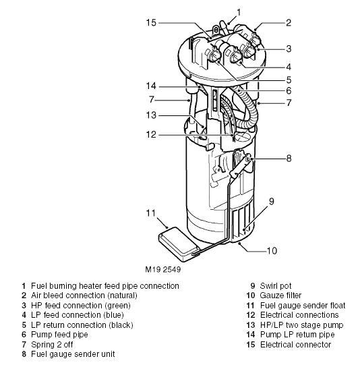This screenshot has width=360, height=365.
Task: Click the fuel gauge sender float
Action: (x=179, y=244)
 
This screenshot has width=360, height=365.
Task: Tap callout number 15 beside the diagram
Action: (x=151, y=23)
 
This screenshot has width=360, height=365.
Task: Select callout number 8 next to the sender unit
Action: (x=289, y=159)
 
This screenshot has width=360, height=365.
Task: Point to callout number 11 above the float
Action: (x=151, y=213)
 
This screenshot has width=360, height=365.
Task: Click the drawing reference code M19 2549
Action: (x=162, y=269)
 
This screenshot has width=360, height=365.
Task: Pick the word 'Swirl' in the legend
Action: (x=268, y=285)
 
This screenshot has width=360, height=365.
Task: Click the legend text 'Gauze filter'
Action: (x=280, y=296)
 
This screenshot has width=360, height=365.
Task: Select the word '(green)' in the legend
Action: (x=119, y=306)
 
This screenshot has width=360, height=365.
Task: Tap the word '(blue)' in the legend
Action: (x=113, y=315)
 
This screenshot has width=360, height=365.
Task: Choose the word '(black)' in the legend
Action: (x=121, y=325)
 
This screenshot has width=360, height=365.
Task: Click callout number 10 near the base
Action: (x=272, y=251)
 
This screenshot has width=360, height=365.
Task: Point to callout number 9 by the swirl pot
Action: (x=272, y=201)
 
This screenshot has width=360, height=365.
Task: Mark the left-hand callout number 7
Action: (x=152, y=100)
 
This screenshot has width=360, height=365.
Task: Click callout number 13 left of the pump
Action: (x=151, y=115)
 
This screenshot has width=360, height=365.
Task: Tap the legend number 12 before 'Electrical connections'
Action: (x=251, y=315)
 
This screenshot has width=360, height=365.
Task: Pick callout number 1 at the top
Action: (x=239, y=12)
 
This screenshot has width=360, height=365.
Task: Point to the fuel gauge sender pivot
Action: (x=248, y=159)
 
